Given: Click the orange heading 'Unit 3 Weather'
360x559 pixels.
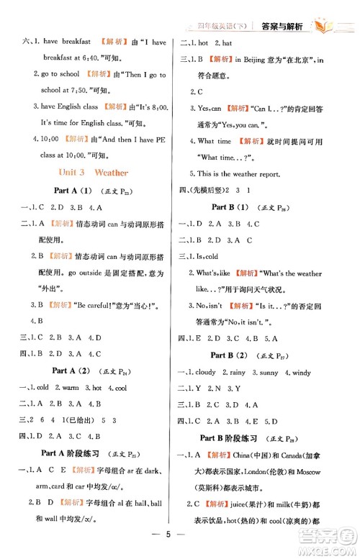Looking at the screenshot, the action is tap(90, 173).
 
